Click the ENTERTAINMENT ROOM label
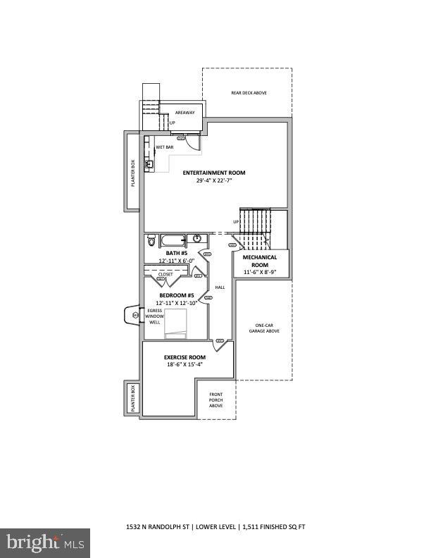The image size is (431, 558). pos(214,173)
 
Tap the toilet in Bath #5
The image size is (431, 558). pos(151,240)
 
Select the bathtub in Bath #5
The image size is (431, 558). pos(173,240)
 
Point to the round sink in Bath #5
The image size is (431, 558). pos(197,239)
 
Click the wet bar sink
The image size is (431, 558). pos(148,164)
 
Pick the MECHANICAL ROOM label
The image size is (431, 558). pos(260,261)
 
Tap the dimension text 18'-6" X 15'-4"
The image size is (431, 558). pos(184,364)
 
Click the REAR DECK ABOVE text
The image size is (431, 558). pos(249,93)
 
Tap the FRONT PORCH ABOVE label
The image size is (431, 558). pos(216,400)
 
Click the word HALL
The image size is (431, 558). pos(219,287)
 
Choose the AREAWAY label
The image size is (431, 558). pos(185,112)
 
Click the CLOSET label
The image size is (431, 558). pos(165,274)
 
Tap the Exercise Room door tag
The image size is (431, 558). pos(219,341)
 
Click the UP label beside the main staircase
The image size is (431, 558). pos(237,222)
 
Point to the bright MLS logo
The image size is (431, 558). pos(44,542)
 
